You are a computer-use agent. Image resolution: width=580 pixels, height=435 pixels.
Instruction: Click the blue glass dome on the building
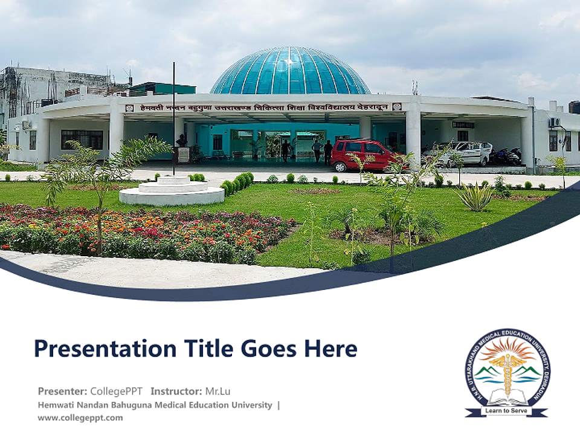tap(290, 71)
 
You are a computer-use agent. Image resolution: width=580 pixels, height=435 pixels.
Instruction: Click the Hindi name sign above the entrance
tap(263, 108)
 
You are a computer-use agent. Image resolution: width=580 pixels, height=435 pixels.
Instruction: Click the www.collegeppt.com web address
tap(80, 417)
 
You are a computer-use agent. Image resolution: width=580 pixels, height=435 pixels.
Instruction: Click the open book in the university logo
tap(507, 399)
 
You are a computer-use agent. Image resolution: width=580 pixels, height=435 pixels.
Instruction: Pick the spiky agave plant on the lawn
tap(475, 196)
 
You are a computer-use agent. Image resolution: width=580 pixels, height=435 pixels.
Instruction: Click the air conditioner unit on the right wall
tap(555, 123)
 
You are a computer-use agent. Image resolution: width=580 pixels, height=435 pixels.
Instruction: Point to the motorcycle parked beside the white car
tap(506, 156)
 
